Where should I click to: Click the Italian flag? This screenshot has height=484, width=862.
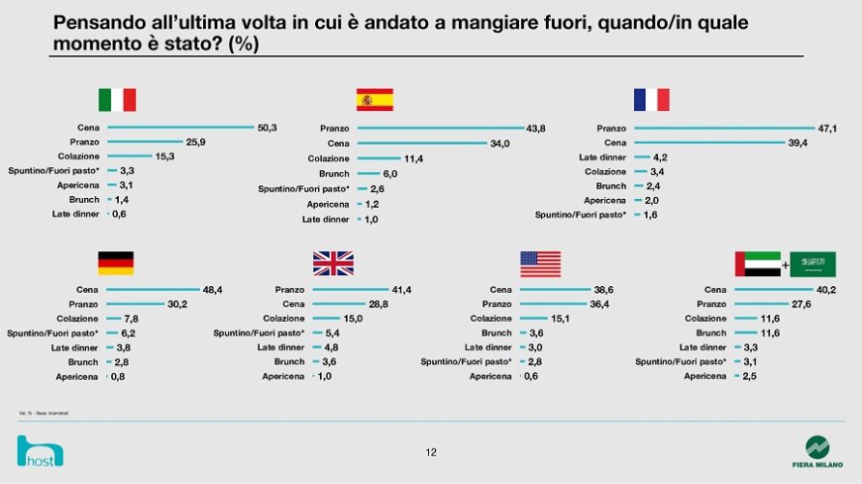click(x=117, y=100)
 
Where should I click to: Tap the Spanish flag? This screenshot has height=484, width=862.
click(x=375, y=100)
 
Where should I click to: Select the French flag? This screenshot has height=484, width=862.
click(x=651, y=100)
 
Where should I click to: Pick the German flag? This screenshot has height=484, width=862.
click(x=116, y=263)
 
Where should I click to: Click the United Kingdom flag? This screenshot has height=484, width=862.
click(x=333, y=263)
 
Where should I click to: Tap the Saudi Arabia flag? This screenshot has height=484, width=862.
click(x=812, y=264)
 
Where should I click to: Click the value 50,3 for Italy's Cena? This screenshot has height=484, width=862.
click(x=268, y=127)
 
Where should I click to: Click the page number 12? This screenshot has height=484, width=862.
click(x=431, y=452)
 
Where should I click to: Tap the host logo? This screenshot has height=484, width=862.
click(x=40, y=453)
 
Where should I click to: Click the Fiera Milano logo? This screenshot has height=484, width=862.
click(x=817, y=450)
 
